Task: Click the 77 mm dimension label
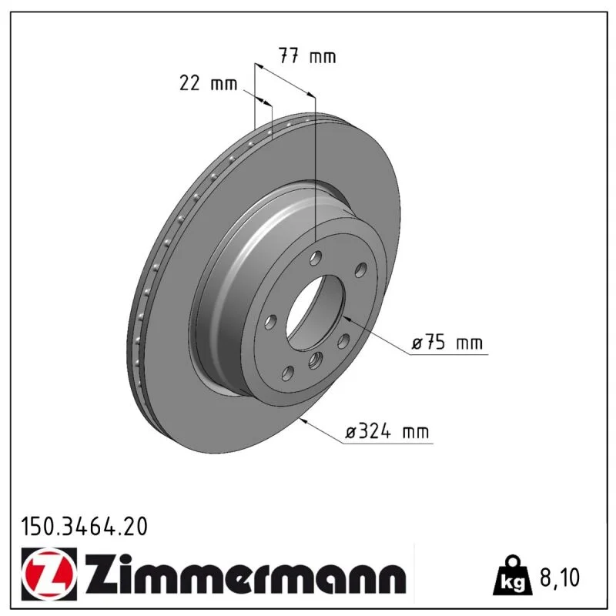(307, 55)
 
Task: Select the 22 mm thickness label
(208, 83)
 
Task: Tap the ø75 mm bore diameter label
(447, 343)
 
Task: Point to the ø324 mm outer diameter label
(387, 432)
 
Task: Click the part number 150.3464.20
(85, 527)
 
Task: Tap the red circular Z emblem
(49, 574)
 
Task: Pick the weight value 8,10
(560, 577)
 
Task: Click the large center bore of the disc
(316, 313)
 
